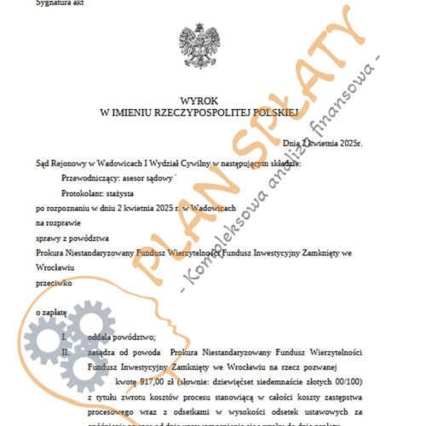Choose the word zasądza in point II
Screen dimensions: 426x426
[x=106, y=350]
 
